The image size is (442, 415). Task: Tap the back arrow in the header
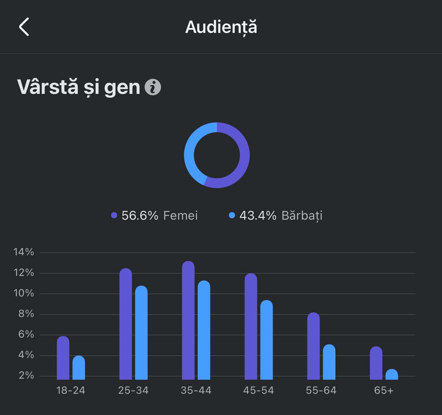coord(24,27)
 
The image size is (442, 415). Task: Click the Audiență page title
coord(221,27)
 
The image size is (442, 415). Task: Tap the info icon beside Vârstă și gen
coord(153,87)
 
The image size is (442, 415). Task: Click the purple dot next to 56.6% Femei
coord(114,216)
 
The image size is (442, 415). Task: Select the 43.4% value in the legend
coord(258,216)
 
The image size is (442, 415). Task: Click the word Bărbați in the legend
coord(302,216)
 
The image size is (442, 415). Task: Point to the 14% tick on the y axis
coord(24,252)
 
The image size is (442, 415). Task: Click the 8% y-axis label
coord(26,314)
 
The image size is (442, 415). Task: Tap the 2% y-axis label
coord(26,376)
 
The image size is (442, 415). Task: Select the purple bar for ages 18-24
coord(63,358)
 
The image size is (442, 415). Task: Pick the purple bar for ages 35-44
coord(188,320)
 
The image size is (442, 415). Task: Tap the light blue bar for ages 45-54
coord(267,340)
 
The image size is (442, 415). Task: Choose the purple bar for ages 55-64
coord(313,346)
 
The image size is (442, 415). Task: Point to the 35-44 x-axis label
coord(196,390)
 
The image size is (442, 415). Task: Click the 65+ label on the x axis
coord(384,390)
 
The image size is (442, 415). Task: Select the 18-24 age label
coord(71,390)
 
